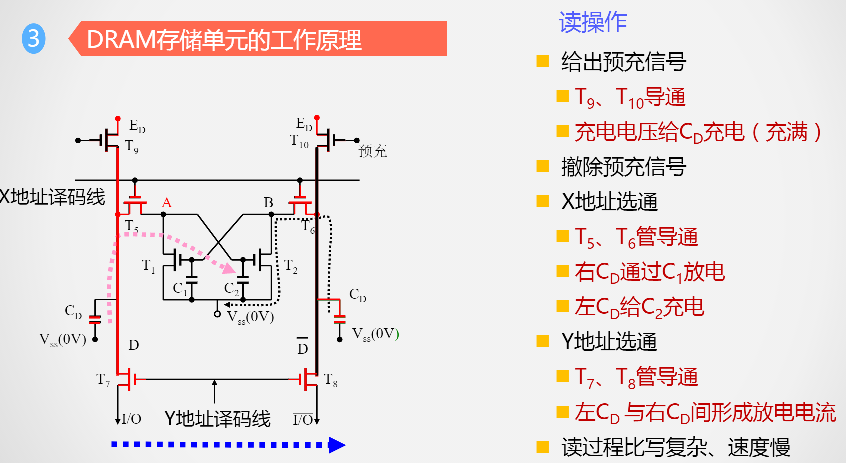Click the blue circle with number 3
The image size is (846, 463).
coord(34,39)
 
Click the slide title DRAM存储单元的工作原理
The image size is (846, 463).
coord(224,40)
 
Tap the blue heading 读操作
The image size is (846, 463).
coord(592,22)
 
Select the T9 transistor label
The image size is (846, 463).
coord(131,146)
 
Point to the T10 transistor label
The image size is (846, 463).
coord(299,141)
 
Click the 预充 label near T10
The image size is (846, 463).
coord(372,151)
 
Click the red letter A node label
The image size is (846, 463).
coord(167,203)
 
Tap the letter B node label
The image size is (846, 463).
coord(268,203)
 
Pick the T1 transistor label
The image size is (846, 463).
coord(148,266)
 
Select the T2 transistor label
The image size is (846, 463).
coord(291,266)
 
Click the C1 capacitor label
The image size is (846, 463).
coord(180,289)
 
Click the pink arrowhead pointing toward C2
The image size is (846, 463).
coord(229,268)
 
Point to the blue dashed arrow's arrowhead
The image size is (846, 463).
coord(337,445)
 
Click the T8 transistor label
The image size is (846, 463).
coord(330,380)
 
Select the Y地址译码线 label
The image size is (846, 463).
coord(217,419)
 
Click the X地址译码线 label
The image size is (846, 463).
coord(52,197)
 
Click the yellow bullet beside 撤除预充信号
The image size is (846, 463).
coord(542,166)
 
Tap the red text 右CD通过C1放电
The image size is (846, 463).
coord(649,272)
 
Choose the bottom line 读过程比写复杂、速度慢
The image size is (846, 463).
coord(675,447)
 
